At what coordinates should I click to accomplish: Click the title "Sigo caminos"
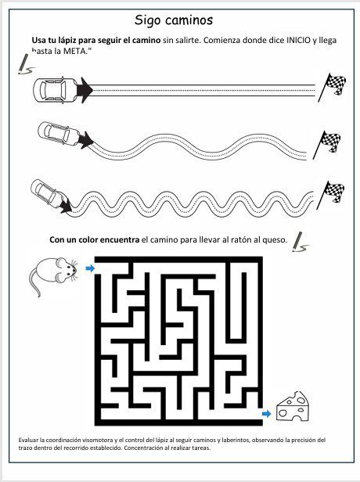pos(174,20)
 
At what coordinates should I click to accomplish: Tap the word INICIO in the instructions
pos(298,40)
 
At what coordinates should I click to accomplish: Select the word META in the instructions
pos(74,51)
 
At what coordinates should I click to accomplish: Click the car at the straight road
pos(56,90)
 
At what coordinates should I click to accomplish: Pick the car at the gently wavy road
pos(59,134)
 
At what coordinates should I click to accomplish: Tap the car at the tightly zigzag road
pos(49,194)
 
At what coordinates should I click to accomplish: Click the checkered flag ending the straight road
pos(332,88)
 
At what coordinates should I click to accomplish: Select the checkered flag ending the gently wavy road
pos(327,145)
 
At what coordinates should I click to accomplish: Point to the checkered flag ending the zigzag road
pos(330,195)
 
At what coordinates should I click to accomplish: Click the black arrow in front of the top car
pos(85,91)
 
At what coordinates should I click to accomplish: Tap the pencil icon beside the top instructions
pos(24,64)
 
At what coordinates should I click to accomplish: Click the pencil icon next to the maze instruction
pos(300,242)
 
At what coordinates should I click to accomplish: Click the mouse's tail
pos(33,282)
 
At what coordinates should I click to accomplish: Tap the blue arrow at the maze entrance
pos(90,268)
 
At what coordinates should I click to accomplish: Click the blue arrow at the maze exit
pos(267,414)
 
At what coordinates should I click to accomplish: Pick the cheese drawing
pos(293,406)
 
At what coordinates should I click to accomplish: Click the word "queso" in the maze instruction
pos(274,239)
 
